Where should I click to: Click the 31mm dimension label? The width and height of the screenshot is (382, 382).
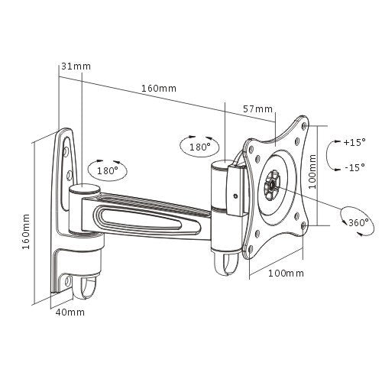[x=76, y=66]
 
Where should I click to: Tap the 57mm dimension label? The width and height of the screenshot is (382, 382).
[x=257, y=110]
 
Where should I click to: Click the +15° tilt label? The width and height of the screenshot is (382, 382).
[x=354, y=142]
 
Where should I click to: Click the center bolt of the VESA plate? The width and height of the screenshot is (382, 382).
[x=273, y=184]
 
